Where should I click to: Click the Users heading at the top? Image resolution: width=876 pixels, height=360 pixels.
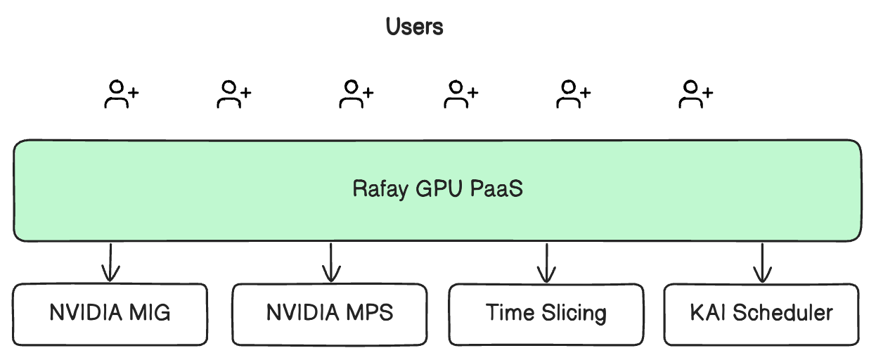tap(415, 27)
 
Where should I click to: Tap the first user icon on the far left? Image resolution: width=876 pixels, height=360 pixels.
tap(120, 94)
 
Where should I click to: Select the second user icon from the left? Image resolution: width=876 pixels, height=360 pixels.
tap(233, 94)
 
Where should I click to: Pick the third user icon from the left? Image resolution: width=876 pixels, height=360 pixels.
tap(356, 94)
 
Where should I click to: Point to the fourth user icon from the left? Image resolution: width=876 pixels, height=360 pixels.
tap(460, 94)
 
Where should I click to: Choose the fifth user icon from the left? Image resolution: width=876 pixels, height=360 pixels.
tap(573, 94)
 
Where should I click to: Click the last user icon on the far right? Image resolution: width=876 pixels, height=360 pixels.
tap(695, 94)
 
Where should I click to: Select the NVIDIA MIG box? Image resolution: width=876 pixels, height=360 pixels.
tap(110, 314)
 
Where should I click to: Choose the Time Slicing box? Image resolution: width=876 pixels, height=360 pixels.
tap(546, 314)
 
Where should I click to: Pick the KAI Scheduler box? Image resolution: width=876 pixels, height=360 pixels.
tap(761, 314)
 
